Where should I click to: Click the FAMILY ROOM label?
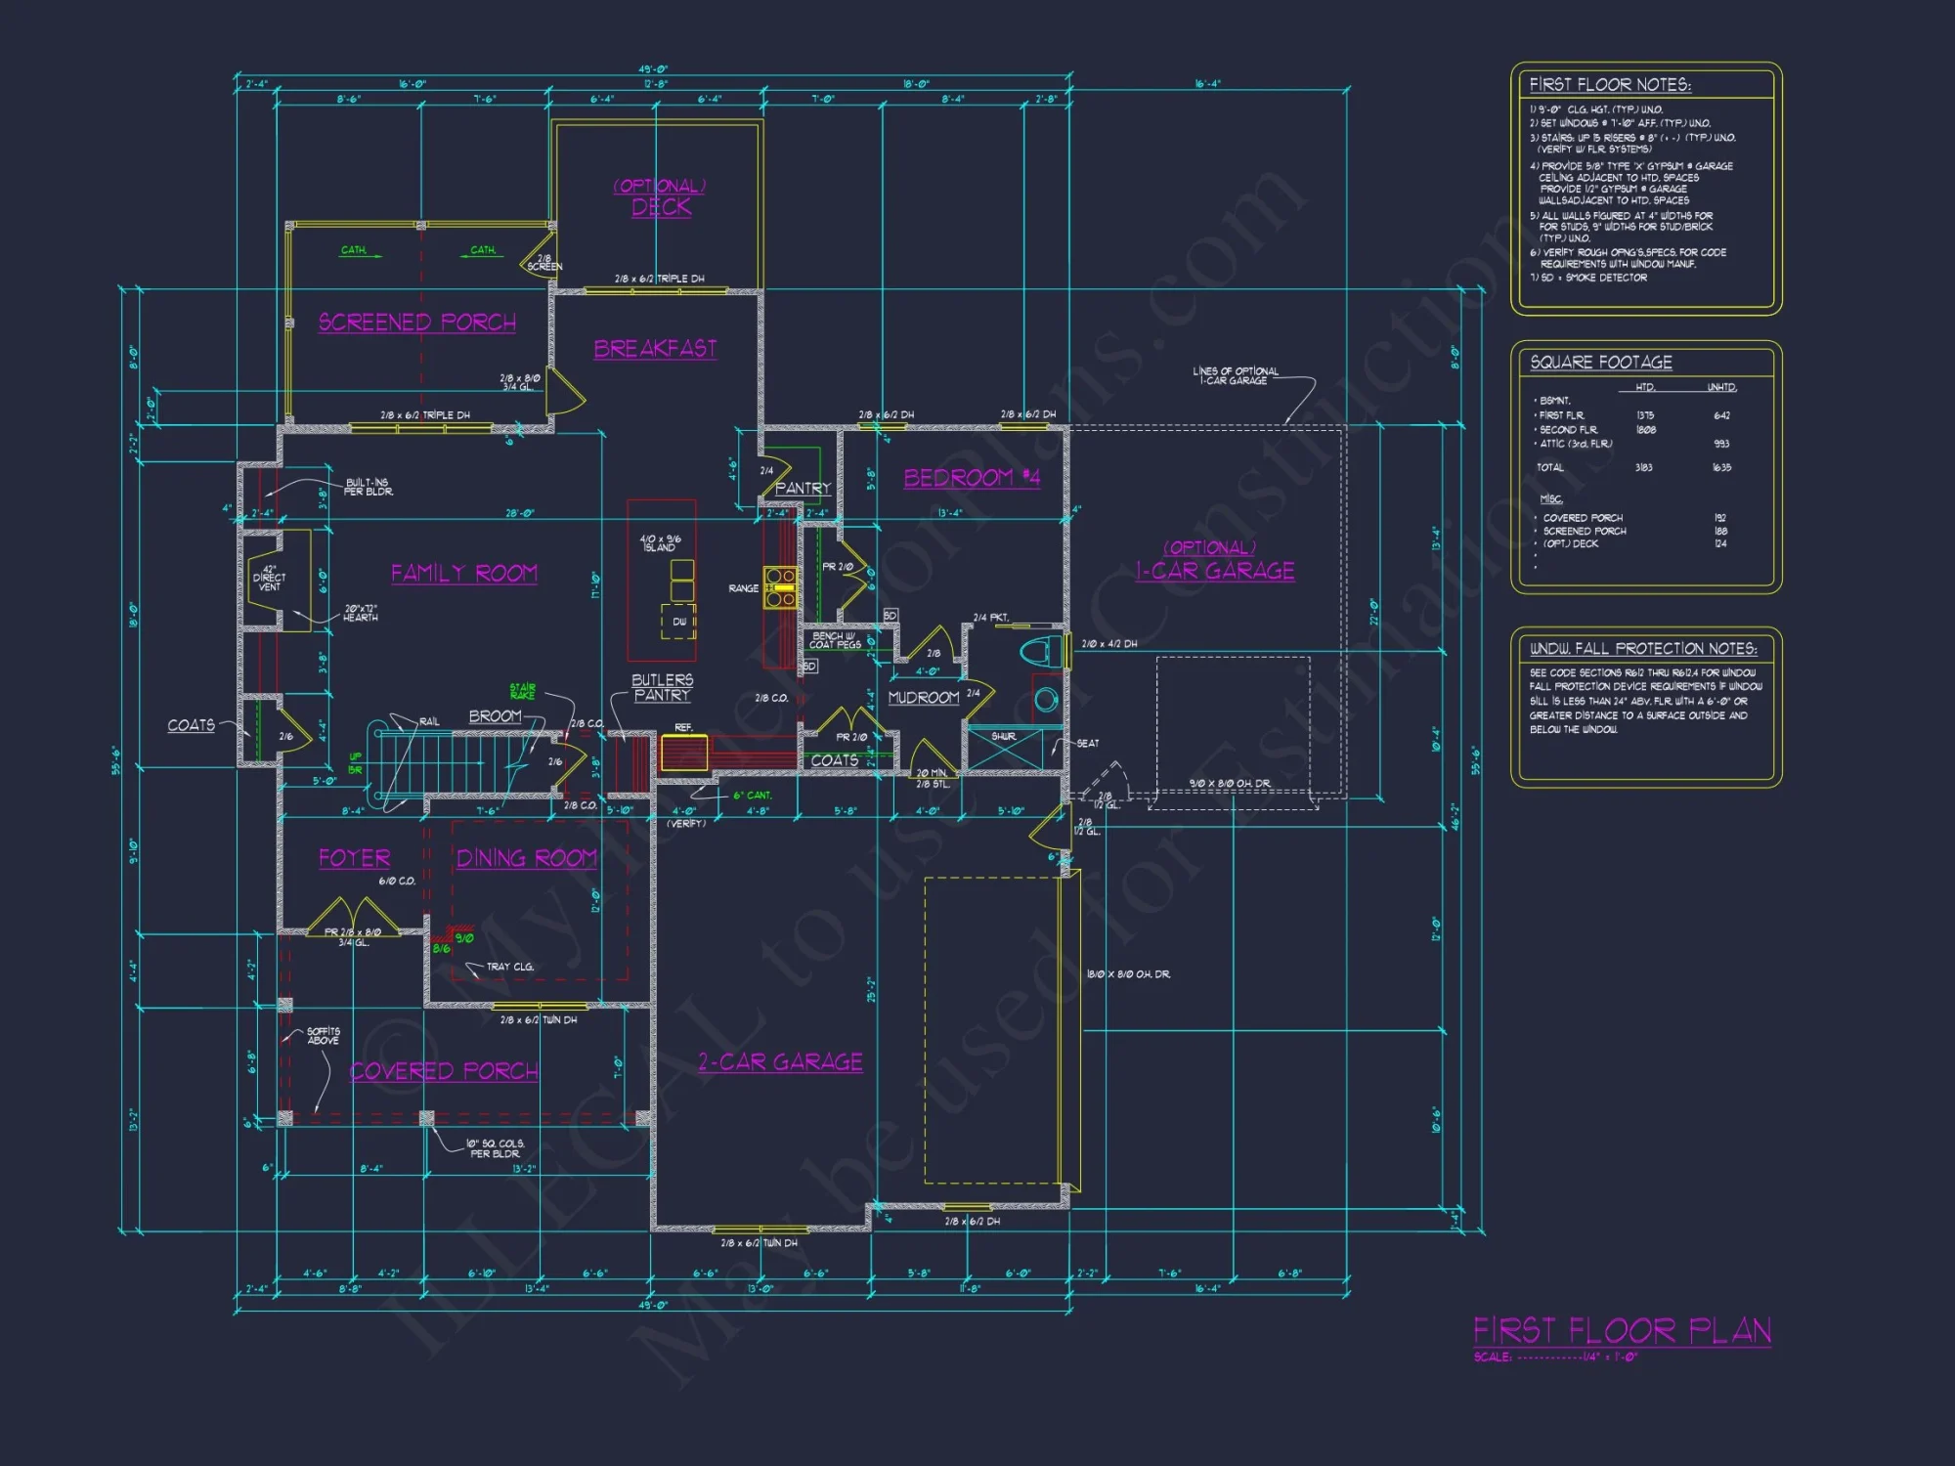point(464,574)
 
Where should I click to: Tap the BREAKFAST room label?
point(655,349)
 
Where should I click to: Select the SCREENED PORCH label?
point(417,323)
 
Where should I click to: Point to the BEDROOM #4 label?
point(972,478)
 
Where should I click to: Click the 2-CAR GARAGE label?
point(780,1062)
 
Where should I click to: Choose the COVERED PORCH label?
point(444,1071)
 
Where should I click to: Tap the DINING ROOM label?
point(526,858)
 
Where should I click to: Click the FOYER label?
point(354,858)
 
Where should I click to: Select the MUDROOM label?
point(923,698)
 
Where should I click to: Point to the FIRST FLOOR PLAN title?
point(1622,1331)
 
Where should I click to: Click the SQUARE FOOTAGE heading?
point(1600,363)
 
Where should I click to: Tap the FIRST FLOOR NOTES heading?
point(1609,85)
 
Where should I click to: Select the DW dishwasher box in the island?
point(679,622)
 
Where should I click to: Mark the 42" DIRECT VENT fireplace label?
point(269,578)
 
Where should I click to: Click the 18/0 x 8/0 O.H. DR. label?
point(1128,974)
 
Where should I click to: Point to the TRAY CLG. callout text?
point(509,967)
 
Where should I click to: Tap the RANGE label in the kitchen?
point(743,588)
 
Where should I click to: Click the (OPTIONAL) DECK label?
point(661,197)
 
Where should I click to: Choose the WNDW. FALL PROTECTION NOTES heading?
point(1642,649)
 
